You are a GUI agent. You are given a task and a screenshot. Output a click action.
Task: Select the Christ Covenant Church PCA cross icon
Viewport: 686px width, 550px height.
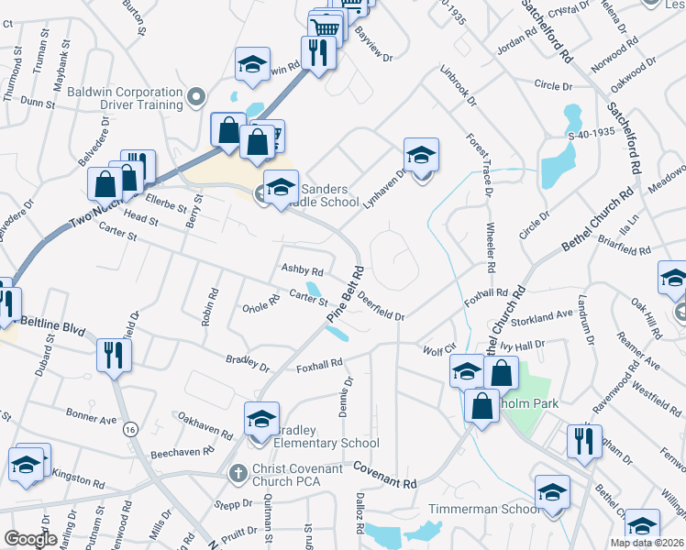click(238, 473)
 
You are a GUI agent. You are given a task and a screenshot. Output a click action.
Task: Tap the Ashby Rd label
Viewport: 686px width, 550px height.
click(302, 271)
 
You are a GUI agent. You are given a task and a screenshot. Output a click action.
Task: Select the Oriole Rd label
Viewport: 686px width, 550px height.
click(260, 302)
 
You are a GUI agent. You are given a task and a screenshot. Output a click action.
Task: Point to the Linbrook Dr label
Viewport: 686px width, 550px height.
click(458, 82)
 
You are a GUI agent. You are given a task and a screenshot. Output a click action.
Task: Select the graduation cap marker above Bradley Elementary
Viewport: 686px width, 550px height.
click(261, 420)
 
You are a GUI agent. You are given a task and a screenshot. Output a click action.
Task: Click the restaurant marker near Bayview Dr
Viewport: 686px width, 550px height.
click(319, 52)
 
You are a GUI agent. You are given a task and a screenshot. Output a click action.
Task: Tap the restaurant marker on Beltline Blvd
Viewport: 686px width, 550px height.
click(113, 356)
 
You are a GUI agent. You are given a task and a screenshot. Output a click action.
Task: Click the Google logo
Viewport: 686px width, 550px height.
click(29, 539)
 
